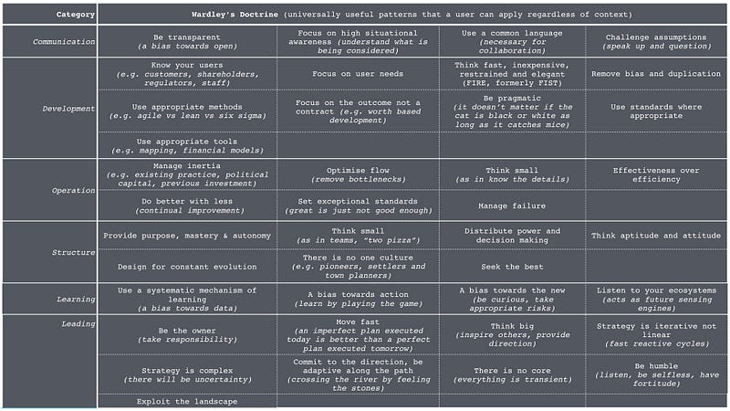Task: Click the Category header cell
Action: point(49,15)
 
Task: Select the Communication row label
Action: point(63,41)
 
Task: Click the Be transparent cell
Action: point(186,41)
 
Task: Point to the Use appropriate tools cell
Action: point(186,145)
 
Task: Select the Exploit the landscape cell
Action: point(186,401)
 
